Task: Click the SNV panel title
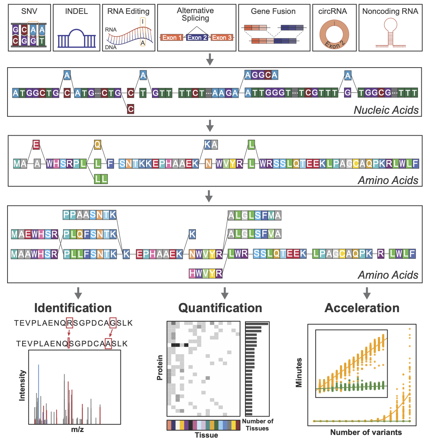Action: (x=29, y=11)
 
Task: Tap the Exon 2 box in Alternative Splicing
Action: (x=197, y=38)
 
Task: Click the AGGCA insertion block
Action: (x=261, y=75)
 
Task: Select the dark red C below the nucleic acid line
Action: (x=131, y=109)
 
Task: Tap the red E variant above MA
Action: (x=36, y=145)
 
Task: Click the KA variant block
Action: (x=211, y=145)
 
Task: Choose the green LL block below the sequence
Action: (x=101, y=179)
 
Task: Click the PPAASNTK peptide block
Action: (x=90, y=215)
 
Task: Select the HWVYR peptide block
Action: (x=206, y=273)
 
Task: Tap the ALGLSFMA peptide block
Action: (x=254, y=215)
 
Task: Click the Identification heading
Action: (x=73, y=308)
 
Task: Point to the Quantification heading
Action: (x=220, y=308)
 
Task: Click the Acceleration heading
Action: (x=362, y=308)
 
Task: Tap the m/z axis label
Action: (x=77, y=429)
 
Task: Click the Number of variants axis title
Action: (x=366, y=432)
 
